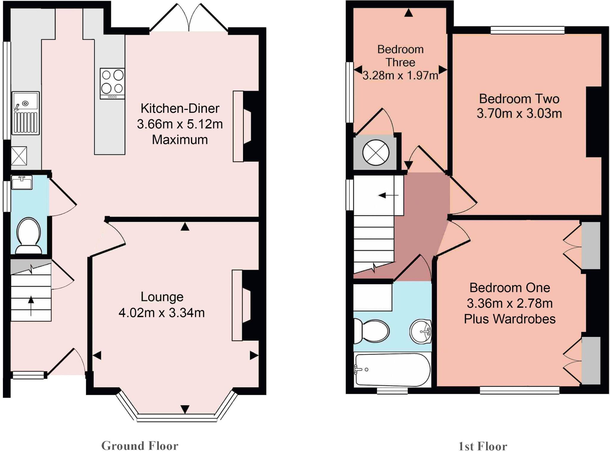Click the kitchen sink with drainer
(x=26, y=113)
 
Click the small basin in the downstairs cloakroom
(x=22, y=182)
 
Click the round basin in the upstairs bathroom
(x=421, y=331)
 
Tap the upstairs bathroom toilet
(x=372, y=331)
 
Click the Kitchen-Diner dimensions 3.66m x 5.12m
(x=180, y=124)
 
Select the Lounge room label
(x=162, y=297)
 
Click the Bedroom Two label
(x=519, y=99)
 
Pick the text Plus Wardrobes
(x=509, y=319)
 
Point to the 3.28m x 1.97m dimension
(x=400, y=75)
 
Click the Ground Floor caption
(x=140, y=446)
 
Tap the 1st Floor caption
(x=483, y=446)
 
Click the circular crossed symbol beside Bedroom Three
(x=376, y=152)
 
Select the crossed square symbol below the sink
(x=19, y=156)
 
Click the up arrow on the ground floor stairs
(x=31, y=305)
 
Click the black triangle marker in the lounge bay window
(x=185, y=409)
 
